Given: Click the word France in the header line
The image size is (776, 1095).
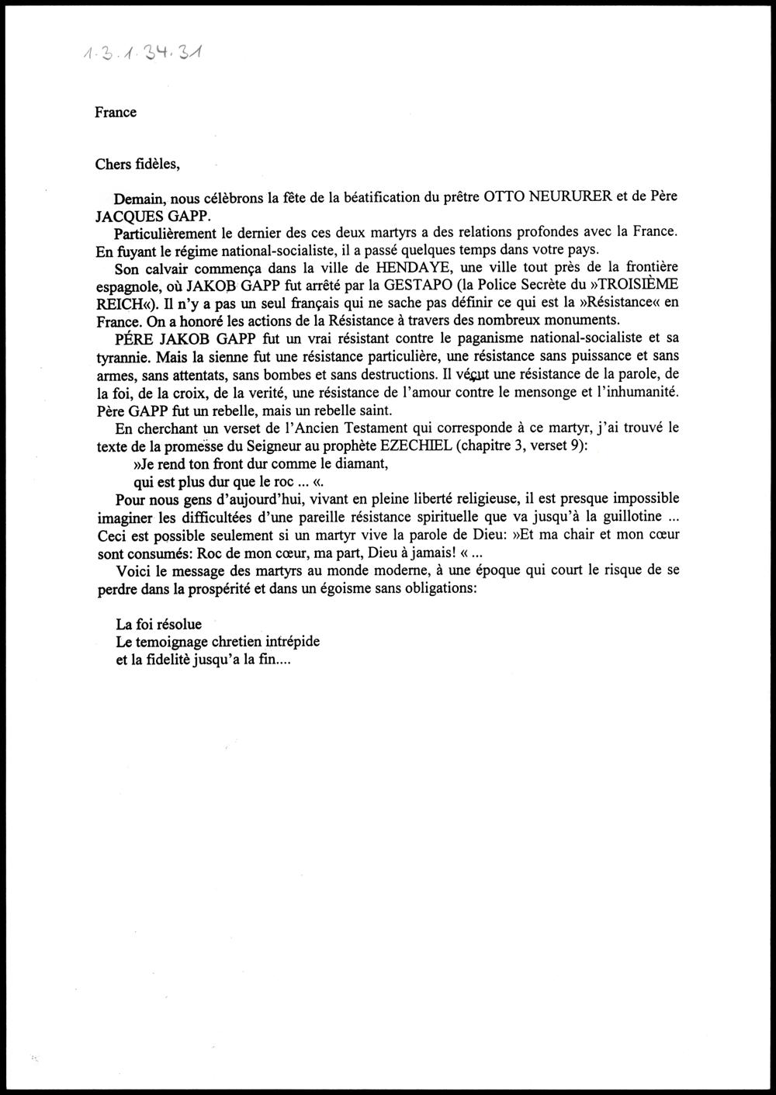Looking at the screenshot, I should pyautogui.click(x=116, y=113).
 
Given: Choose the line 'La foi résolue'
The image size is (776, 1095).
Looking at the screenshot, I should pyautogui.click(x=158, y=624).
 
